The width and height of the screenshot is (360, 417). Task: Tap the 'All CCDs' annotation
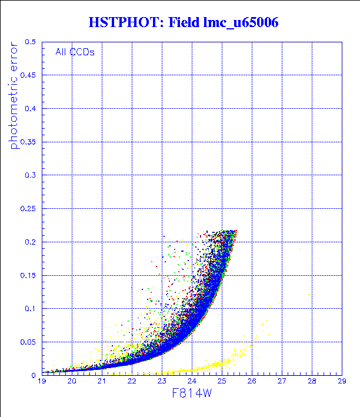coord(75,52)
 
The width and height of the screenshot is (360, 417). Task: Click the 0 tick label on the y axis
coord(34,375)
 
